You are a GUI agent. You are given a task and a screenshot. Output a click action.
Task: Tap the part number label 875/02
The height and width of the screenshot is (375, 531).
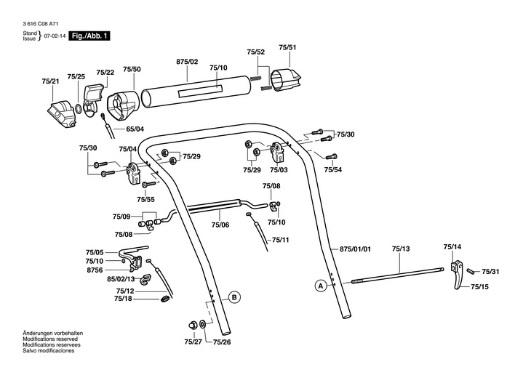[187, 62]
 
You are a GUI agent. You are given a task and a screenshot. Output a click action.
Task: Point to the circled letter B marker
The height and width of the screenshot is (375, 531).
[234, 297]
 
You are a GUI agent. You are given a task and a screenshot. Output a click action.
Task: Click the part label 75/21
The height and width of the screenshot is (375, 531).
[51, 81]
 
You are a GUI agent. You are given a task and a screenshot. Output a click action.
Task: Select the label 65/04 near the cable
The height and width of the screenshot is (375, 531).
[135, 129]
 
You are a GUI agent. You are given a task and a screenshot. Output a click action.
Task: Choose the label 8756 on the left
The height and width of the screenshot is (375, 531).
[95, 269]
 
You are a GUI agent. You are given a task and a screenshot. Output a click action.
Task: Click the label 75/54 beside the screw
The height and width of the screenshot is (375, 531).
[333, 169]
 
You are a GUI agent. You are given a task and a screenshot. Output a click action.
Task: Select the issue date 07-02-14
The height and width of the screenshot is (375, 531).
[54, 36]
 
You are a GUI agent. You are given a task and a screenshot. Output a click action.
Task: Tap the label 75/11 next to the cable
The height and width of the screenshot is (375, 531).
[280, 240]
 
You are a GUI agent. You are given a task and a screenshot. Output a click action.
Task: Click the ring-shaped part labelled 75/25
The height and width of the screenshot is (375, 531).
[78, 108]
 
